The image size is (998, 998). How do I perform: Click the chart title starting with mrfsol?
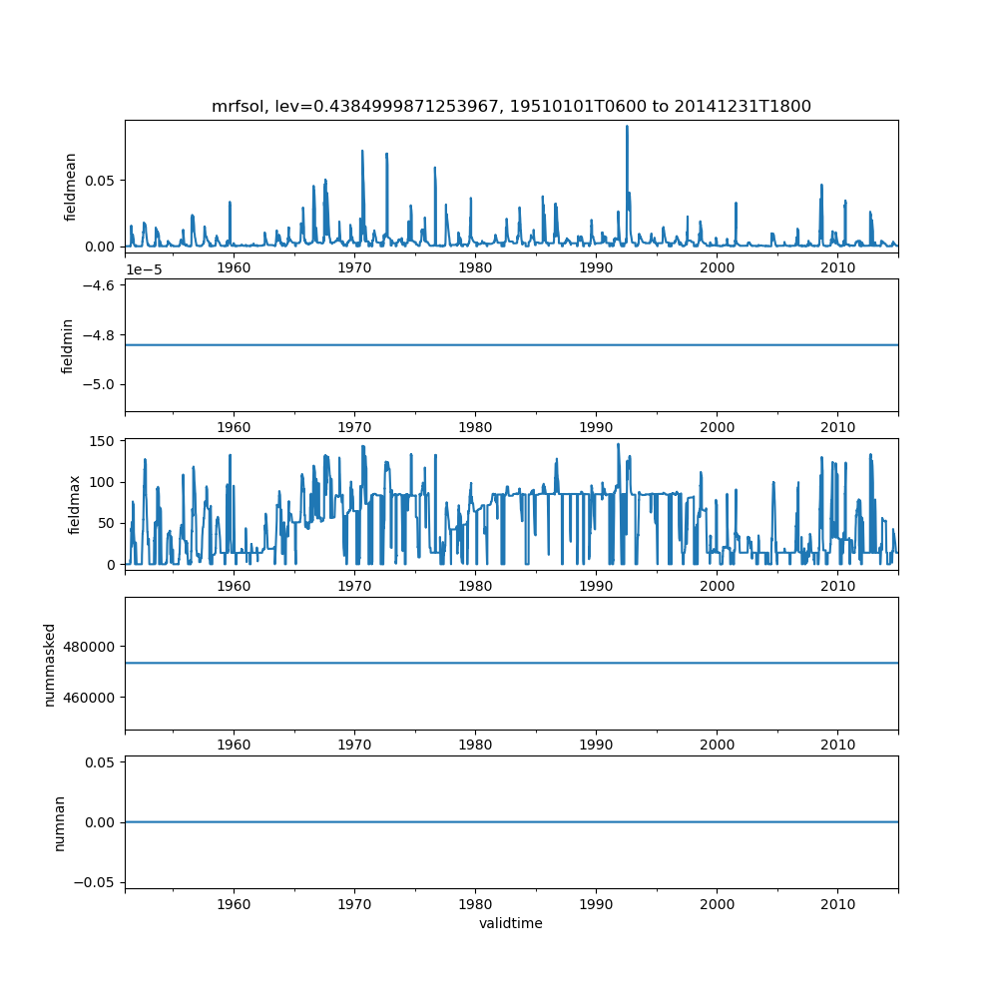coord(511,106)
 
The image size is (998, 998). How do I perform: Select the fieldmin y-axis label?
coord(68,345)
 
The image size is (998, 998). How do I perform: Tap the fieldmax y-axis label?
coord(74,504)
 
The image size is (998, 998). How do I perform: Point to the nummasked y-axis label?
coord(49,663)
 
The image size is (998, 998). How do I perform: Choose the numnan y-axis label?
coord(59,822)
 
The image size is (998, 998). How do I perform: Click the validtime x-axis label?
coord(511,924)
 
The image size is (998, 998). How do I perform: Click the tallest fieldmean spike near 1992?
coord(627,127)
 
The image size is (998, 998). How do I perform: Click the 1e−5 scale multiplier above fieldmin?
coord(146,269)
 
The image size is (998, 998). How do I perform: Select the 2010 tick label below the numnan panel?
coord(837,904)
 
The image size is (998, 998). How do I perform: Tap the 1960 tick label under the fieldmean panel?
coord(234,268)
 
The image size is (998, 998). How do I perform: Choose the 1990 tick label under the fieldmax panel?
coord(596,586)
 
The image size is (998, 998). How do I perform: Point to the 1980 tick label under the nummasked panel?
coord(475,745)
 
